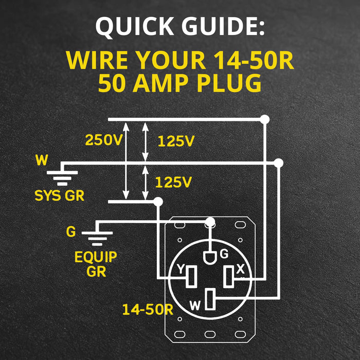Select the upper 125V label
coord(175,141)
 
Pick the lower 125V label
coord(173,182)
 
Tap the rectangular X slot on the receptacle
coord(229,277)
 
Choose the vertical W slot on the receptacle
coord(210,300)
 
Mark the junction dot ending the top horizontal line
coord(265,120)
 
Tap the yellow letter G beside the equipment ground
coord(71,232)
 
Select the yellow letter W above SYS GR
coord(41,160)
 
